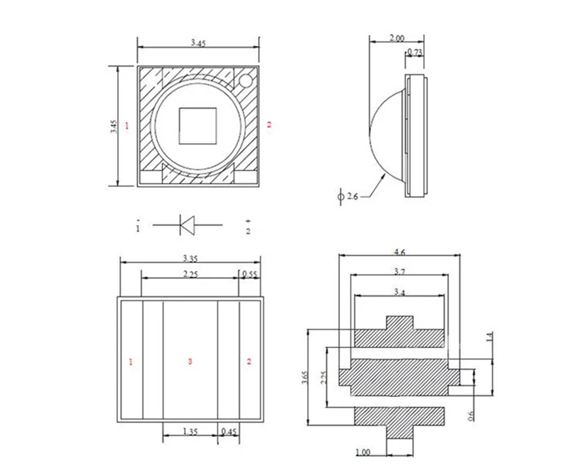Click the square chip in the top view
[199, 125]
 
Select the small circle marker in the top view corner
[245, 79]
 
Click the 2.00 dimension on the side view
[397, 37]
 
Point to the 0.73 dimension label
[414, 53]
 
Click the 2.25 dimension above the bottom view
[190, 275]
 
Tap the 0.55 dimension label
[249, 275]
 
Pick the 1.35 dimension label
[190, 432]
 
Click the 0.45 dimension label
[229, 432]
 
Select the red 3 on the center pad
[190, 362]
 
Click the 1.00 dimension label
[363, 453]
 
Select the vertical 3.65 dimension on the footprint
[304, 377]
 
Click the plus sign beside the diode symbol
[247, 220]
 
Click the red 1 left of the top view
[126, 126]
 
